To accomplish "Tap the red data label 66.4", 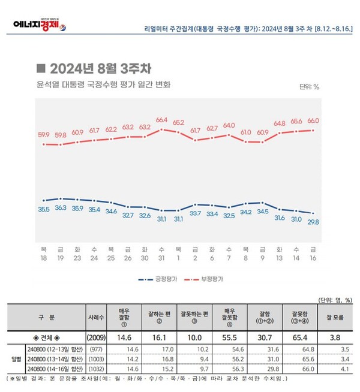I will coord(161,120).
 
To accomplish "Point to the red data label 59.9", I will coord(43,134).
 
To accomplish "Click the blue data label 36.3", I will coord(60,207).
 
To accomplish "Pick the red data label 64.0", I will coord(229,125).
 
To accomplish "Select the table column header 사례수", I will coord(98,316).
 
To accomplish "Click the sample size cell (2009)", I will coord(98,337).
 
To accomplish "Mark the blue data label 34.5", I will coord(262,211).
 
